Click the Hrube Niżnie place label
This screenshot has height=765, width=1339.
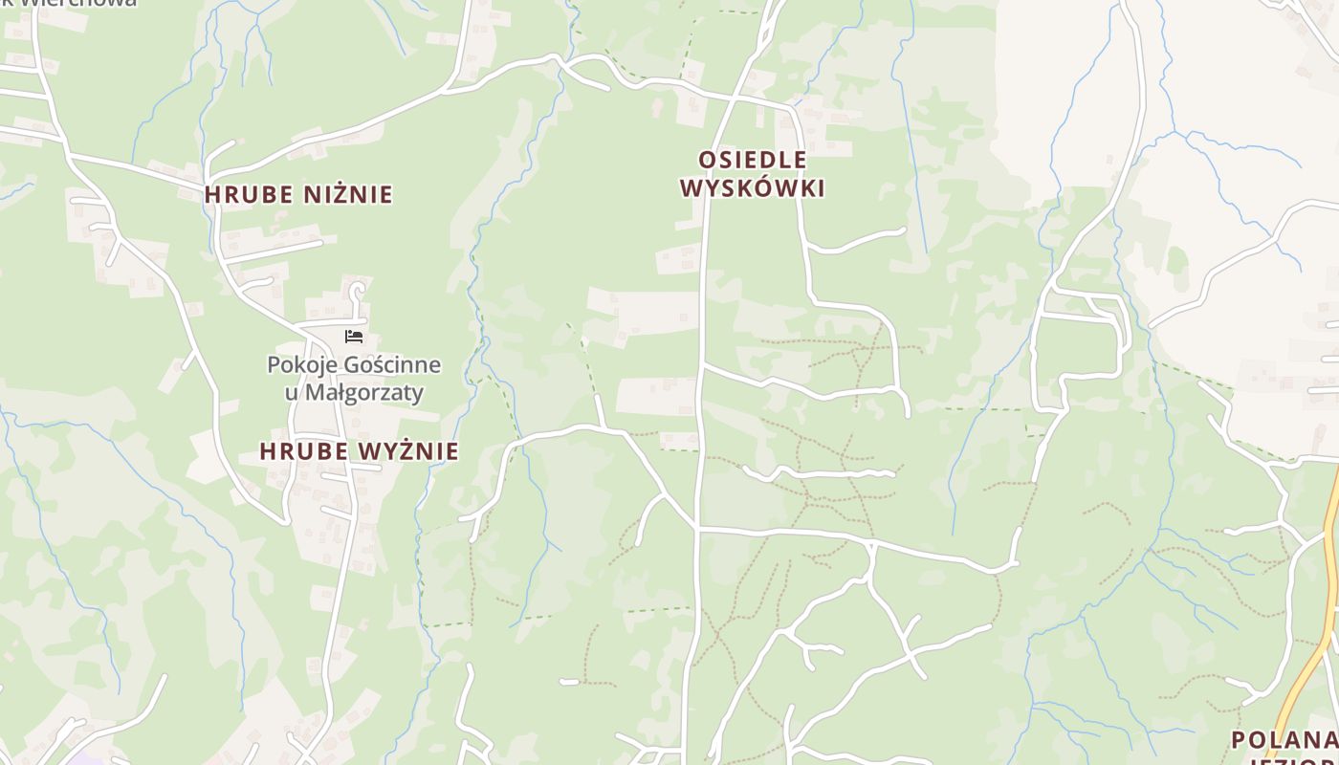click(x=298, y=194)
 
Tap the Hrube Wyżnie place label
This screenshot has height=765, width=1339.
click(x=359, y=451)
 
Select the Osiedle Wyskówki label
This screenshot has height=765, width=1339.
click(x=753, y=173)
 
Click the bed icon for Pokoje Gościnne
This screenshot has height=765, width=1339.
click(x=354, y=337)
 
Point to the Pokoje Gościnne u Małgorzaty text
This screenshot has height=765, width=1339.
click(x=354, y=379)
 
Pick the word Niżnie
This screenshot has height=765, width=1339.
click(x=348, y=194)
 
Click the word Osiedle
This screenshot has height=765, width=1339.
click(x=753, y=160)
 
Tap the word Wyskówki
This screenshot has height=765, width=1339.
click(x=753, y=187)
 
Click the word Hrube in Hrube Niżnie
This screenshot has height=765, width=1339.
click(x=249, y=194)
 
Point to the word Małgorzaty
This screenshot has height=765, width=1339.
click(x=366, y=393)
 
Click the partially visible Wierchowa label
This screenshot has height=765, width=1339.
click(x=86, y=3)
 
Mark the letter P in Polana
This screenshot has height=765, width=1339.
click(x=1239, y=740)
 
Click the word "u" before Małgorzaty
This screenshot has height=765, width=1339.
click(x=292, y=393)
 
